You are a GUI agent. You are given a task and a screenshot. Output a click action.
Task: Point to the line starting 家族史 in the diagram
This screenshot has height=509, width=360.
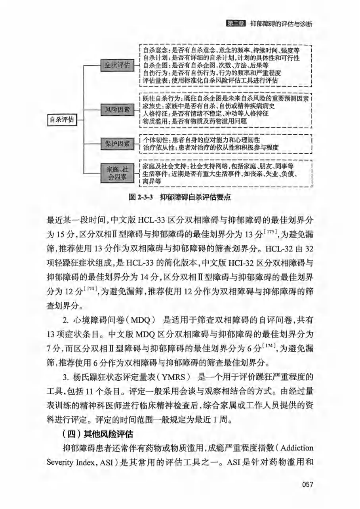(x=208, y=106)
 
